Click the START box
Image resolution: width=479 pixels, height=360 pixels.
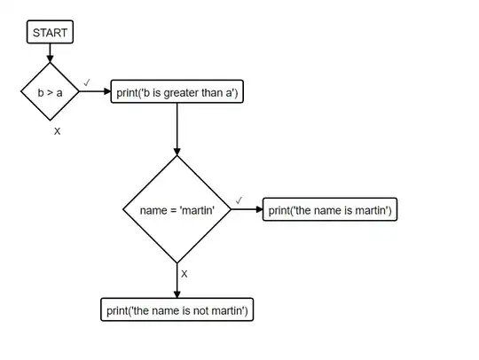(50, 33)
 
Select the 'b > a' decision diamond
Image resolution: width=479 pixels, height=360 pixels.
(50, 91)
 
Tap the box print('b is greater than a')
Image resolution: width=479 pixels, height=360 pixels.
(177, 91)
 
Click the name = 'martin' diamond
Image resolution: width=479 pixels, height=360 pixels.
(177, 210)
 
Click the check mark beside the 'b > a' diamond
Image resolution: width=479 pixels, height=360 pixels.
(87, 82)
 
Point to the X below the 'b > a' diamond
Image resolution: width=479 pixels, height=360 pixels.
(57, 130)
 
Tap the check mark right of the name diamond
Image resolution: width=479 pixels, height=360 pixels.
(239, 200)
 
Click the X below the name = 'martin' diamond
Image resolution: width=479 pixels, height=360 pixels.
(185, 274)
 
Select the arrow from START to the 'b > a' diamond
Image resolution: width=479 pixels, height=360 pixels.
(50, 52)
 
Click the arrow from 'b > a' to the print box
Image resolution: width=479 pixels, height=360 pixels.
(95, 91)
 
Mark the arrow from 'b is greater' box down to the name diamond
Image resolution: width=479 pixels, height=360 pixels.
(177, 129)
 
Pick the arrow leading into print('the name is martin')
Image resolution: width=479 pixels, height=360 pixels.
(247, 210)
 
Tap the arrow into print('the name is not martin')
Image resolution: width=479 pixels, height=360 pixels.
(177, 281)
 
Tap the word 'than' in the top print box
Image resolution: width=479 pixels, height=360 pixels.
(209, 91)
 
